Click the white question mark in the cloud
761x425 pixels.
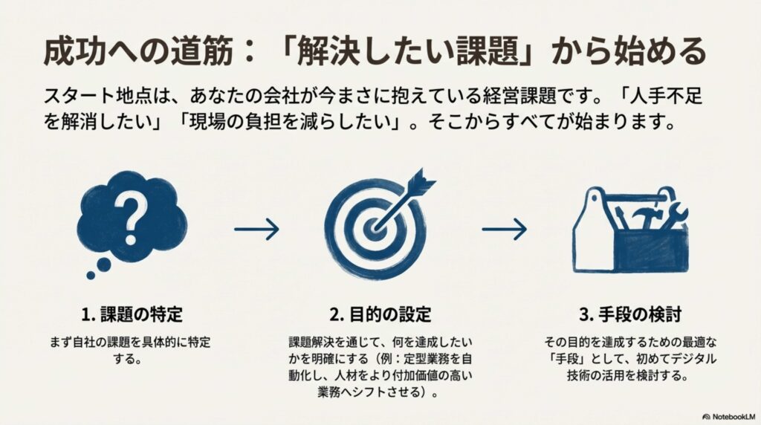tap(129, 221)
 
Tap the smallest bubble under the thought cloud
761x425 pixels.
tap(91, 276)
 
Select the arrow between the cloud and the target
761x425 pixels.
tap(256, 229)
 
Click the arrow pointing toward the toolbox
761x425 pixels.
tap(505, 229)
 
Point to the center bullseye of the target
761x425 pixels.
tap(375, 227)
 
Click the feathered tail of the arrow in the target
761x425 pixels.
tap(421, 180)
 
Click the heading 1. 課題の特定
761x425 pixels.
tap(132, 314)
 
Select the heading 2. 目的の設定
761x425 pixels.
tap(380, 314)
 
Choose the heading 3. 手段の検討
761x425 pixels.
tap(630, 314)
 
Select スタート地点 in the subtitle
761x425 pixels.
tap(89, 96)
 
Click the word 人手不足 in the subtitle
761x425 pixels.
tap(666, 96)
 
